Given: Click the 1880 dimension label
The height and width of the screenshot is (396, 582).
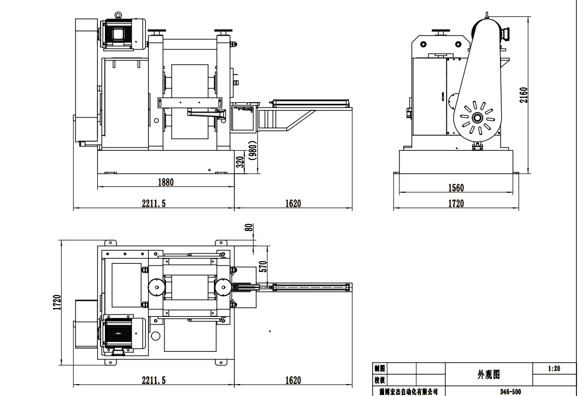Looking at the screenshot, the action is pos(166,182).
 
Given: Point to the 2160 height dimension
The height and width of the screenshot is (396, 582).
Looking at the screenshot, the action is pos(524,95).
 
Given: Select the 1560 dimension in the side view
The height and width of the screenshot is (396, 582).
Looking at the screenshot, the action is pos(456,188).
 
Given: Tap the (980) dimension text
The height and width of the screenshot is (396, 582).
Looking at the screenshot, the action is pos(253,150).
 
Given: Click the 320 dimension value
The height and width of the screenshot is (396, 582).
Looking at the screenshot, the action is pos(240,162).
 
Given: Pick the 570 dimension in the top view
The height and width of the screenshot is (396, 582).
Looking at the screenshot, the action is pos(263,267).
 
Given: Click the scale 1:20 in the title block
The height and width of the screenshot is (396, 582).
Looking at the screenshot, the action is pos(554,369).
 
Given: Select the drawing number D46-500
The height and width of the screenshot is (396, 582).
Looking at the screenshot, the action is pos(510,392).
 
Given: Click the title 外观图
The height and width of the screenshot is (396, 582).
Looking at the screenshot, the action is pos(489,375).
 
